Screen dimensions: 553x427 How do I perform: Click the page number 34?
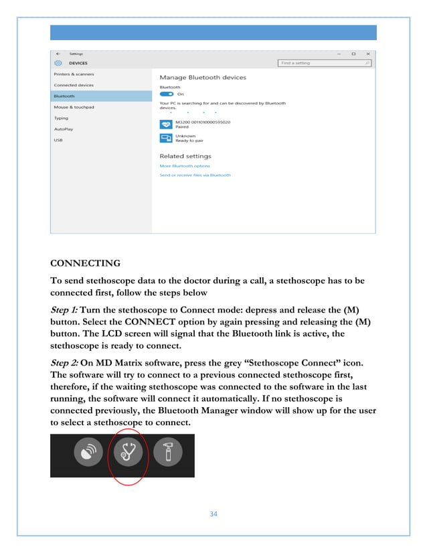(213, 514)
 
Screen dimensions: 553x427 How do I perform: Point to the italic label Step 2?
(64, 363)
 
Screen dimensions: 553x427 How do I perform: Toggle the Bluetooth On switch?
(166, 94)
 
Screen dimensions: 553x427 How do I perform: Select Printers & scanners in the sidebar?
(74, 74)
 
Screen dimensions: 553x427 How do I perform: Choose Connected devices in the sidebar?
(74, 85)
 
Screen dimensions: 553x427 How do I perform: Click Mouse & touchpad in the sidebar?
(74, 107)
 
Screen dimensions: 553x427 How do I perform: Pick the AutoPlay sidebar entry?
(64, 129)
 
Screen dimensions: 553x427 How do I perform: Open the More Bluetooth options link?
(184, 166)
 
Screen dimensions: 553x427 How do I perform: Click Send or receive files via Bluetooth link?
(195, 175)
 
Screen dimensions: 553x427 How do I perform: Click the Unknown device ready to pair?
(187, 138)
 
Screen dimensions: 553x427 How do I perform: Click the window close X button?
(367, 54)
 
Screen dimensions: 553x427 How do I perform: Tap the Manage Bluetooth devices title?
(202, 78)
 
